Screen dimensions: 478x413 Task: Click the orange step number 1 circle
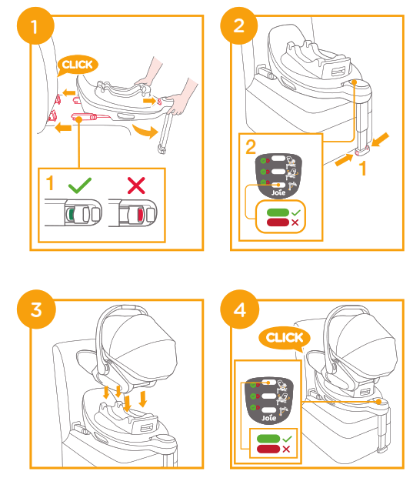(x=33, y=28)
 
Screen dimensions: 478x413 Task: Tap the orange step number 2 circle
(x=238, y=28)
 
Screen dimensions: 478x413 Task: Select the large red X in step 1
(x=136, y=185)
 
